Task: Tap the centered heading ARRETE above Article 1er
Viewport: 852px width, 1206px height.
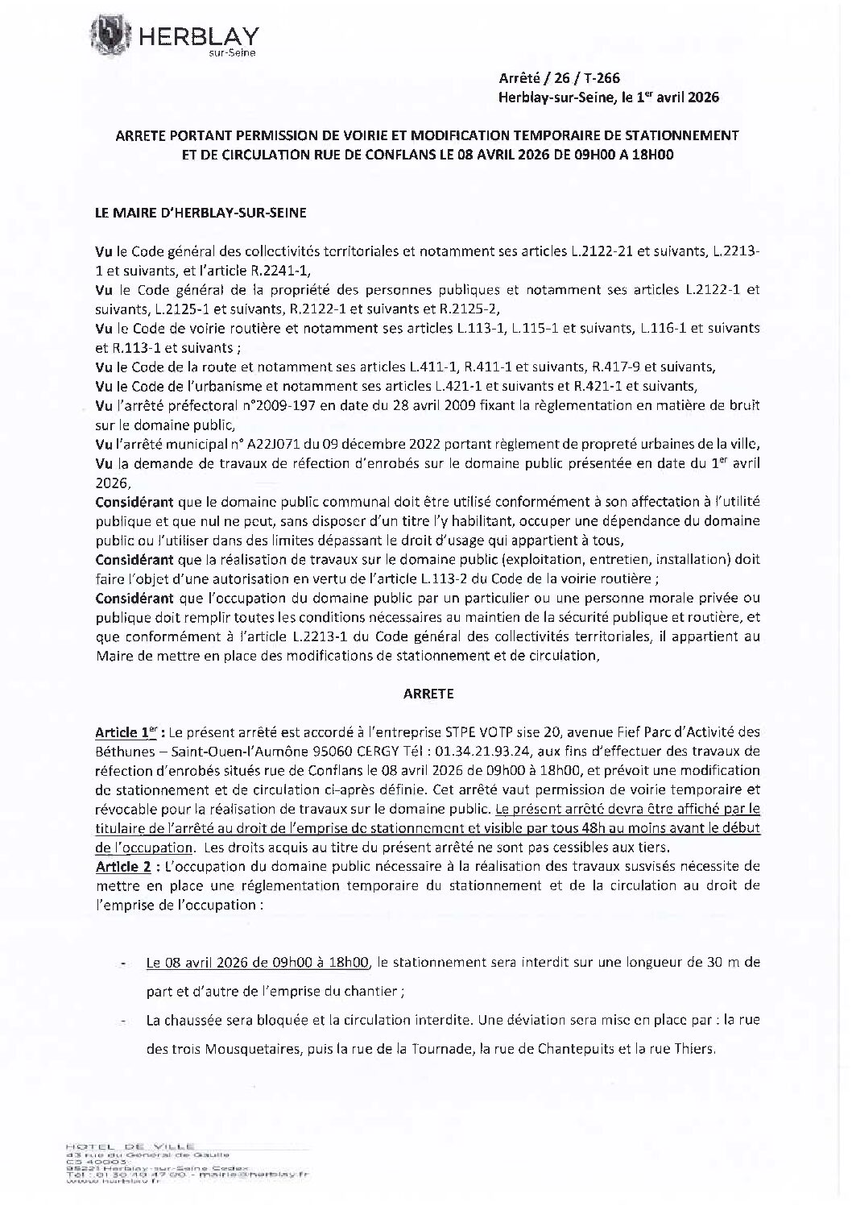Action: [427, 692]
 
